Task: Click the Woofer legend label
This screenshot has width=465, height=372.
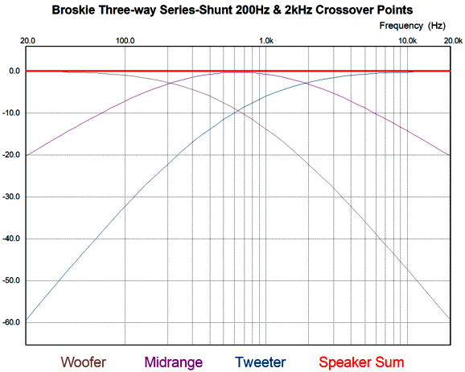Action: [84, 362]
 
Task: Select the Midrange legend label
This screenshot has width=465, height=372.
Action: [174, 362]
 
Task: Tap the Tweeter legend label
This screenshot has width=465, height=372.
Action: [261, 362]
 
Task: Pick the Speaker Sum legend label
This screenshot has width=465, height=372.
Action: [361, 362]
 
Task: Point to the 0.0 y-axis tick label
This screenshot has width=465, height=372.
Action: [14, 71]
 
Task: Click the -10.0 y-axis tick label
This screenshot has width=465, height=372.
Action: [11, 112]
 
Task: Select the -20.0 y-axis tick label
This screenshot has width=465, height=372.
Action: [11, 155]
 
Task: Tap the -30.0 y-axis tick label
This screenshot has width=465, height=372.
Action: [11, 197]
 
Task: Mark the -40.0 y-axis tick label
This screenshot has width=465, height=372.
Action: [11, 239]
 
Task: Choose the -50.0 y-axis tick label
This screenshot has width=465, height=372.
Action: [11, 280]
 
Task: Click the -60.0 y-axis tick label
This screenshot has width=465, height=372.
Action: [11, 322]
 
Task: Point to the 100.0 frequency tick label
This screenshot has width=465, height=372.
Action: [125, 41]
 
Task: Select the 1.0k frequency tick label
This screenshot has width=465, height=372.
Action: [266, 41]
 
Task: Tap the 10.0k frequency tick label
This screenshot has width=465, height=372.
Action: [407, 41]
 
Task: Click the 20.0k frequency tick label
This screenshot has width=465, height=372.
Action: [453, 41]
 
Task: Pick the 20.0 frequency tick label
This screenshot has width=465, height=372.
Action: [27, 41]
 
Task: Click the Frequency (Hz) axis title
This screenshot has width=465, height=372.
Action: [413, 26]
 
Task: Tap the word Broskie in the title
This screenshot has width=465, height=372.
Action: [73, 10]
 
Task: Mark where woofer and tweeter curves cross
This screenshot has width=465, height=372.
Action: [238, 111]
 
